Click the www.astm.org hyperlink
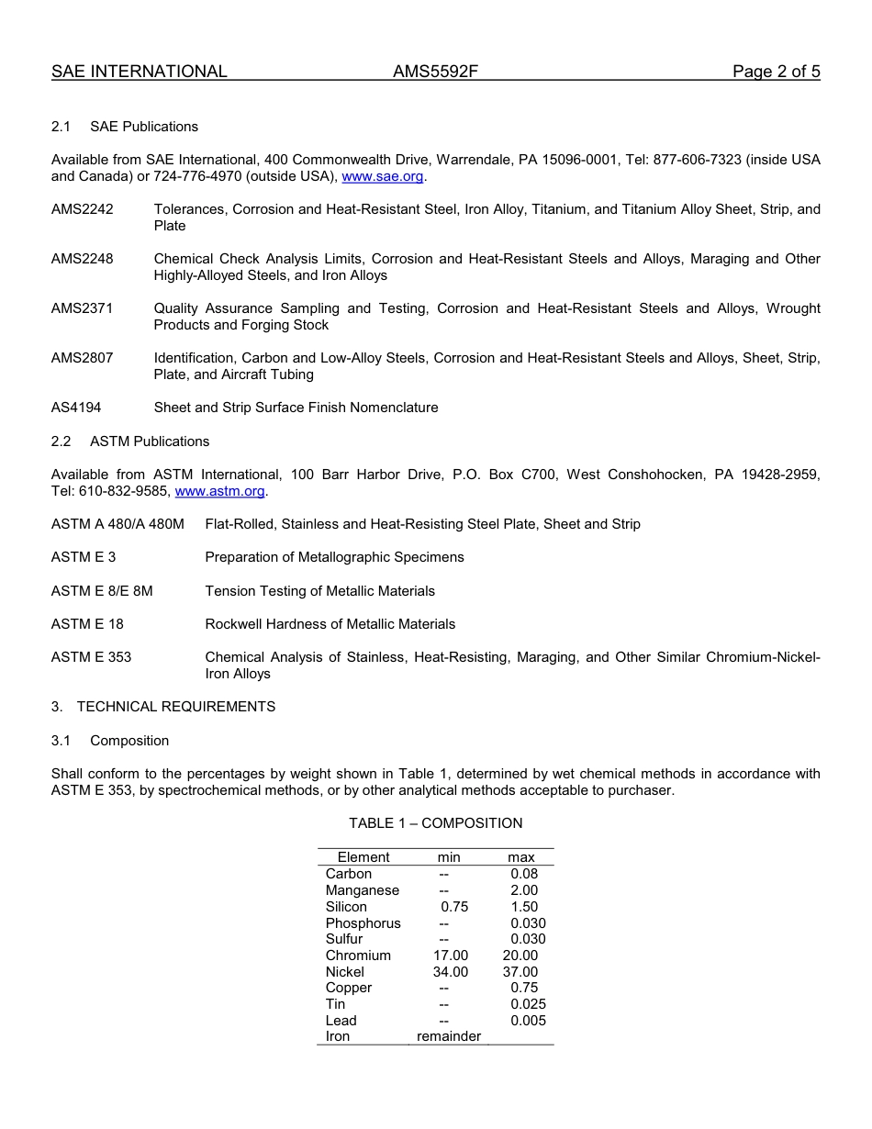point(220,491)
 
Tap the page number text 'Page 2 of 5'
point(776,72)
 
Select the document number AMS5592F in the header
point(436,72)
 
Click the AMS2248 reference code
point(83,259)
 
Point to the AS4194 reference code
point(76,408)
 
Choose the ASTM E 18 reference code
point(87,624)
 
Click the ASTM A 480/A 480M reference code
point(117,524)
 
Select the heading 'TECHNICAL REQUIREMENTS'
point(176,707)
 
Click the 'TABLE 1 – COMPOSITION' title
point(435,823)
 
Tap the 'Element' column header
point(363,857)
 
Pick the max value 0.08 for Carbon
point(524,874)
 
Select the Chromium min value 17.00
point(451,956)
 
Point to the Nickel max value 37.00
point(520,972)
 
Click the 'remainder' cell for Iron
point(449,1037)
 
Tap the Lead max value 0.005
point(528,1021)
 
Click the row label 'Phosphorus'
point(363,923)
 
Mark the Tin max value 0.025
point(528,1004)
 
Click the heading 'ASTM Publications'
point(150,442)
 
